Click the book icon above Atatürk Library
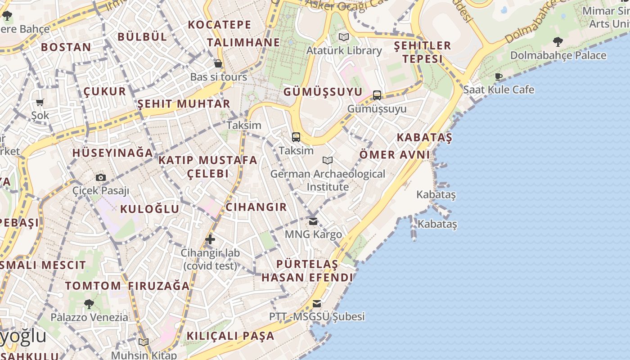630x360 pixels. [x=344, y=37]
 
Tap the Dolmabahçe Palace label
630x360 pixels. [x=558, y=55]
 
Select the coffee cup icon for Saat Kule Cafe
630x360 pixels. [x=499, y=76]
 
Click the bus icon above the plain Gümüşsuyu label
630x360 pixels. [x=377, y=95]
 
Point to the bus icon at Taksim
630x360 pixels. [x=296, y=137]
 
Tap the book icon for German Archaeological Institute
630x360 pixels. [x=328, y=160]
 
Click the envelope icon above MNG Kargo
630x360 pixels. [x=313, y=221]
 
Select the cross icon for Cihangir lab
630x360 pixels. [x=210, y=239]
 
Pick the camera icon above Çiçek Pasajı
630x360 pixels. [x=101, y=177]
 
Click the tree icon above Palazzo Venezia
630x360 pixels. [x=89, y=304]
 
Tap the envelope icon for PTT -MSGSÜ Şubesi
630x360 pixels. [x=317, y=304]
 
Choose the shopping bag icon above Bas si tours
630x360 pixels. [x=218, y=63]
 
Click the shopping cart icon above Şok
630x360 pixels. [x=40, y=103]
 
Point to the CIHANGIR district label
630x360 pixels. [x=256, y=207]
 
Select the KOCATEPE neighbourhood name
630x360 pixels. [x=220, y=25]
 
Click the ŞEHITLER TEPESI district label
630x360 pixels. [x=423, y=52]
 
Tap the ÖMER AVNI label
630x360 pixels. [x=395, y=155]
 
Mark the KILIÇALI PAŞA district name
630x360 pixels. [x=230, y=336]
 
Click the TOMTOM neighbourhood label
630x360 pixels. [x=93, y=286]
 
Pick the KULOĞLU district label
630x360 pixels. [x=150, y=209]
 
